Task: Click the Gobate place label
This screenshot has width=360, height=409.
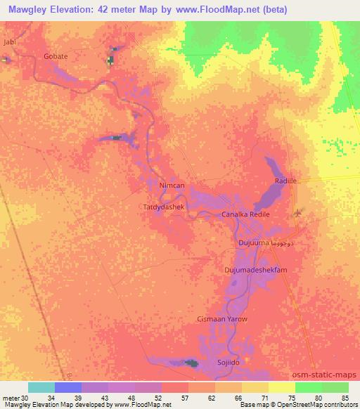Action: (56, 56)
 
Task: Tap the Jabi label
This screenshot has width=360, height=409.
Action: (9, 42)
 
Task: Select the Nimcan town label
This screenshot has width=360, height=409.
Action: (172, 186)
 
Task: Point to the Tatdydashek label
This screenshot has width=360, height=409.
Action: (164, 208)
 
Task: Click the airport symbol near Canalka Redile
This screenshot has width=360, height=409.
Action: (296, 212)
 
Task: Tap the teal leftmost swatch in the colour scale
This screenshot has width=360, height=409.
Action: (41, 387)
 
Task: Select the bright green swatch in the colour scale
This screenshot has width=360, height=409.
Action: (308, 387)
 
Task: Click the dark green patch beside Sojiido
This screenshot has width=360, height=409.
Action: (191, 363)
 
